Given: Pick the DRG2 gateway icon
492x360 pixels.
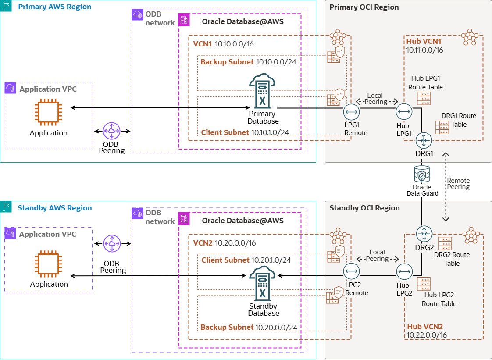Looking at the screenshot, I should click(424, 233).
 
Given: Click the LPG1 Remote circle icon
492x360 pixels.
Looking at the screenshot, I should click(351, 112).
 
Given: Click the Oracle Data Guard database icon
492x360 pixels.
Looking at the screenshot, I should click(422, 174).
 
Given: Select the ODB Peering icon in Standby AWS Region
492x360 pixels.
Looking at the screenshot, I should click(112, 243).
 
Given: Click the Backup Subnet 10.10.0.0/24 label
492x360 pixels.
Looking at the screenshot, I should click(248, 62).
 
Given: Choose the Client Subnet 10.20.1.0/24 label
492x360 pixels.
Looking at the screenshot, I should click(246, 260).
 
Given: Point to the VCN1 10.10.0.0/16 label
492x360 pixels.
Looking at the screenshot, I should click(224, 44).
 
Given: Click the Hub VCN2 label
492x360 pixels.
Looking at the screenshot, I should click(425, 327).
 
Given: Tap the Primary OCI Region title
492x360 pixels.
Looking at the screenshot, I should click(364, 7).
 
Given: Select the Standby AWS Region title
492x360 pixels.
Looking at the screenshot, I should click(55, 208).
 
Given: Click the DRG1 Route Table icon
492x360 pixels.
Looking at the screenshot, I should click(442, 127).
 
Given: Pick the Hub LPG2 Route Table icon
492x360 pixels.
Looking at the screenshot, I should click(424, 283).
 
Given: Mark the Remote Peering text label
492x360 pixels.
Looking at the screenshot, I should click(458, 184).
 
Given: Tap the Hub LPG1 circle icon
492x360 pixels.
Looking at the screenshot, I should click(404, 112).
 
